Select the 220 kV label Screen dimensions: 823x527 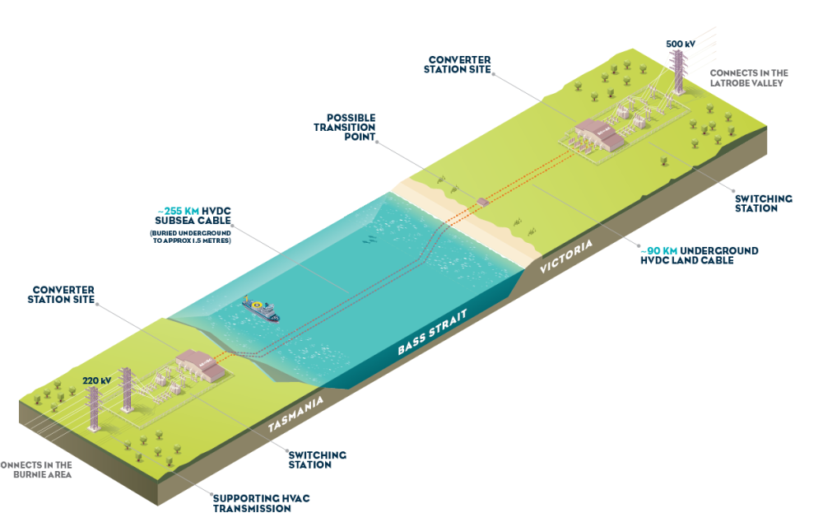[x=97, y=380]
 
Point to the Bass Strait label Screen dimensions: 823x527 [x=432, y=332]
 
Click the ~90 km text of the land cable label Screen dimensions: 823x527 [x=659, y=250]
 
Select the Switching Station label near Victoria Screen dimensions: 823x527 [x=763, y=203]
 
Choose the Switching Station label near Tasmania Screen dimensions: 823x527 [x=317, y=459]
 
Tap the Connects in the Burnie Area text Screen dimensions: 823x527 [x=35, y=469]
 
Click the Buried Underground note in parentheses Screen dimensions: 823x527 [x=190, y=236]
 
